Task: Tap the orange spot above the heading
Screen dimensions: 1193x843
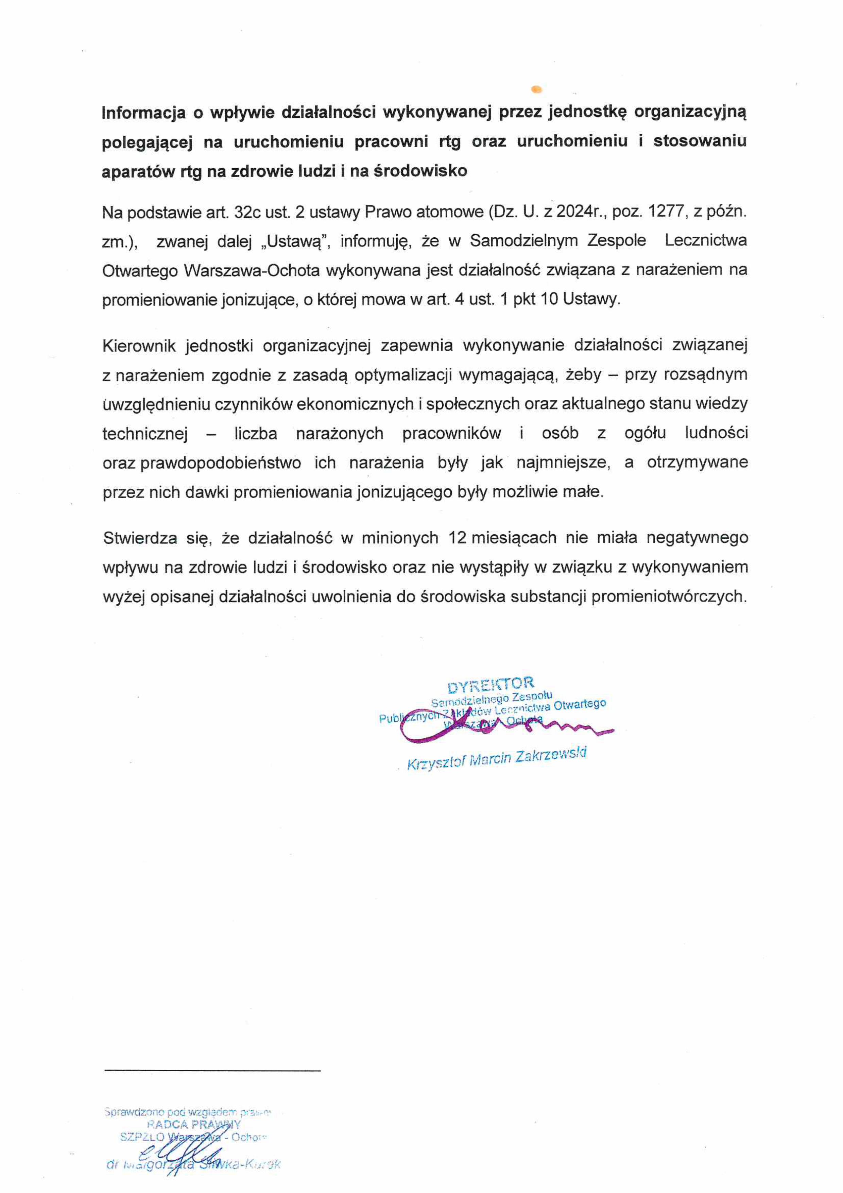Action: coord(537,90)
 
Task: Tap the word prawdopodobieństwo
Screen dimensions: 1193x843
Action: coord(220,463)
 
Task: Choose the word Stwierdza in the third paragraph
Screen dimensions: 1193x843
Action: coord(140,538)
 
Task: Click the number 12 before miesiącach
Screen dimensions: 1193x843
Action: coord(457,538)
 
